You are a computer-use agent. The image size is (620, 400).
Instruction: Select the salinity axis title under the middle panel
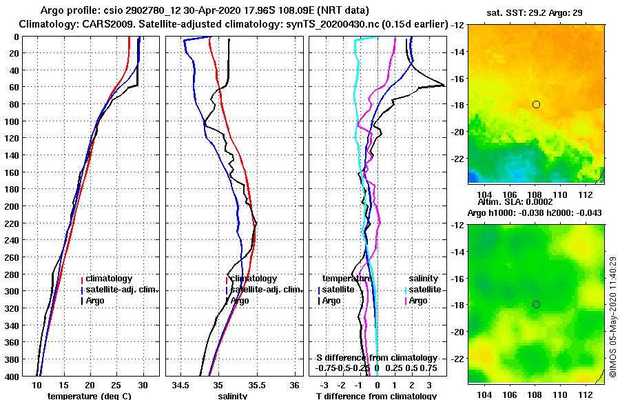click(x=233, y=396)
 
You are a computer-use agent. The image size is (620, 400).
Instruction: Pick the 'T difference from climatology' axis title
click(x=375, y=396)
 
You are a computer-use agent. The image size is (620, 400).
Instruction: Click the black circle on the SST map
click(x=536, y=104)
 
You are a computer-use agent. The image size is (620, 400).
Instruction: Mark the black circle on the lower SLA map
click(x=536, y=304)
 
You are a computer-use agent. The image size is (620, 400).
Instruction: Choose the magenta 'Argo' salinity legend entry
click(x=418, y=301)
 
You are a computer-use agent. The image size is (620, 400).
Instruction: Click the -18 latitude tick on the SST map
click(x=457, y=105)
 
